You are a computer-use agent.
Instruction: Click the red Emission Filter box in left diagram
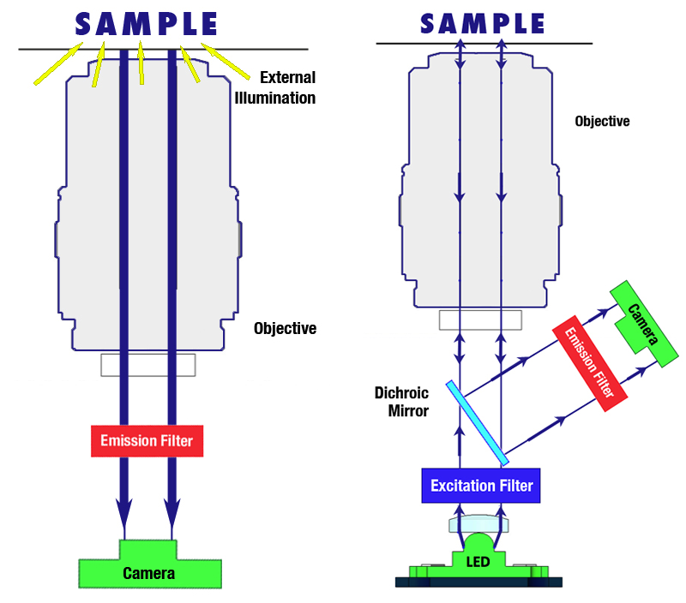point(147,441)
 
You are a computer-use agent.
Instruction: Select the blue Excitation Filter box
point(481,486)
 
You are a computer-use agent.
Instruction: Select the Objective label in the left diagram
point(285,328)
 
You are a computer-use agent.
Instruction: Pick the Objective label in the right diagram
point(601,121)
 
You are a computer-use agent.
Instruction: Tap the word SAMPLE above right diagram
point(483,22)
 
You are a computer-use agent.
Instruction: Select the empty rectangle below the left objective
point(147,364)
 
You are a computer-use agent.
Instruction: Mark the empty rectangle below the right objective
point(480,319)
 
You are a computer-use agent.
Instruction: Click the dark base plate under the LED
point(478,582)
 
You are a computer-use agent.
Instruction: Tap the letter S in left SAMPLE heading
point(86,23)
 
